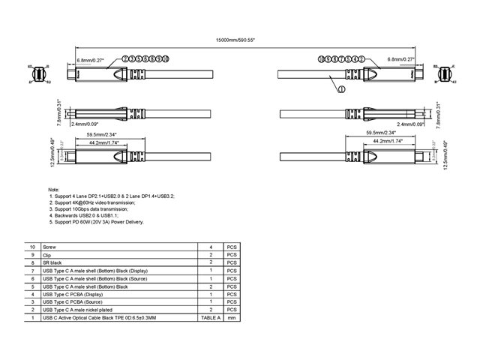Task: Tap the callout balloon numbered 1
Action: coord(341,88)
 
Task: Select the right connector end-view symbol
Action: coord(442,73)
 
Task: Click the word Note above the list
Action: coord(52,190)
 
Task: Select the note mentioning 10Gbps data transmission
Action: coord(94,210)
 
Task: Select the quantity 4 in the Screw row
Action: coord(211,247)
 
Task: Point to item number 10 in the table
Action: coord(31,247)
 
